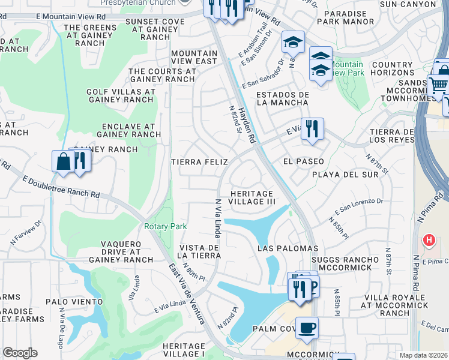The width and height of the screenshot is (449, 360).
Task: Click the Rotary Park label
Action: (165, 226)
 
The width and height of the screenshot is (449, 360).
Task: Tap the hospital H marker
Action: (429, 241)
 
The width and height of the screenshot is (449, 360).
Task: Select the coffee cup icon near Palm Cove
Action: (307, 328)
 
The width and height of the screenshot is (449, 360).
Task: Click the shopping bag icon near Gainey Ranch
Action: (64, 162)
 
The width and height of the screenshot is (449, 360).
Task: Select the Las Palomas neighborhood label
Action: (288, 248)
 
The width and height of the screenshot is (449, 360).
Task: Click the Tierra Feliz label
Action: (199, 162)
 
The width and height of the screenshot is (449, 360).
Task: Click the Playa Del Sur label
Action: (345, 175)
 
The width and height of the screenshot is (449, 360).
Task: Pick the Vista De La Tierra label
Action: (199, 251)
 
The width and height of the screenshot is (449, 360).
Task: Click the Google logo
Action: (20, 353)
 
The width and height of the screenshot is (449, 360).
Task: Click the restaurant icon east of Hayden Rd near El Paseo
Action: (312, 129)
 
